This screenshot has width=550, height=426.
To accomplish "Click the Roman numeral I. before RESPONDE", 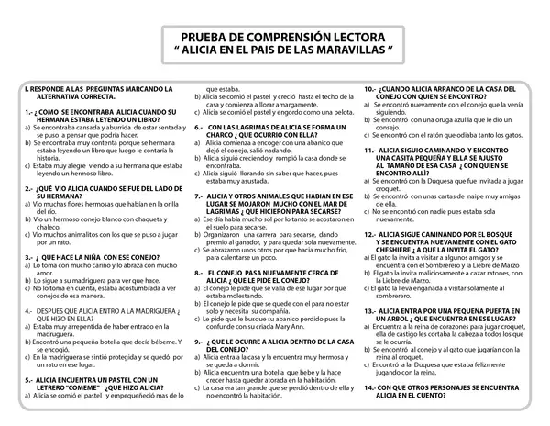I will coord(26,87).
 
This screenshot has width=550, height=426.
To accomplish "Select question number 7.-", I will coord(201,221).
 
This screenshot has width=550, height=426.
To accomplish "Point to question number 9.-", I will coord(201,340).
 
